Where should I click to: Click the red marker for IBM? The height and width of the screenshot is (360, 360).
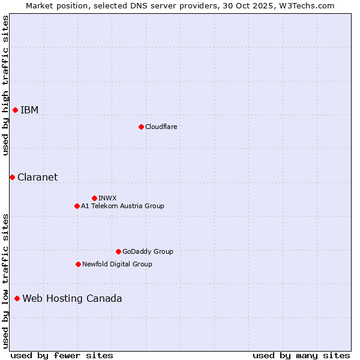(x=15, y=110)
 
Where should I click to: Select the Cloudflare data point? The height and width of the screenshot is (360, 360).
(x=141, y=127)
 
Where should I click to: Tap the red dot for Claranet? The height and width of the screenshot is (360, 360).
(x=12, y=177)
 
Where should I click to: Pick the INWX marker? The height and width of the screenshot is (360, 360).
(x=94, y=198)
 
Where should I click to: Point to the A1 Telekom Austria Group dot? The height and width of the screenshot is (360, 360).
(x=77, y=206)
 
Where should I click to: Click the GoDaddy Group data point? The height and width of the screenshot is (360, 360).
(x=118, y=251)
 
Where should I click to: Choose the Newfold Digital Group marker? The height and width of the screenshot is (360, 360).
(x=78, y=264)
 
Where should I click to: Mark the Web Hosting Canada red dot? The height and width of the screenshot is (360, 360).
(x=17, y=298)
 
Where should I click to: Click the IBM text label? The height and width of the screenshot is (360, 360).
(x=29, y=110)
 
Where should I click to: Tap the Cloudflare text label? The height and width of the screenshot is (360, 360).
(x=161, y=127)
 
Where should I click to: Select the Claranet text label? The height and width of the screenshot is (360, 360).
(x=37, y=177)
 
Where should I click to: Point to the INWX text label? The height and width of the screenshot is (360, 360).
(x=107, y=198)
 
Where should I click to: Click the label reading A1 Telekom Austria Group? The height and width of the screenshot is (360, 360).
(x=122, y=206)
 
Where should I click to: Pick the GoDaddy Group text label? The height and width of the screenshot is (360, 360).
(x=148, y=251)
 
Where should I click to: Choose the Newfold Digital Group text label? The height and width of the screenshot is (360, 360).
(x=117, y=264)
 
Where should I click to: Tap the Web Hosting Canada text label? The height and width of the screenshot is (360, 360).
(x=72, y=298)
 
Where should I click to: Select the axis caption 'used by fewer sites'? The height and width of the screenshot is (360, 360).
(x=61, y=355)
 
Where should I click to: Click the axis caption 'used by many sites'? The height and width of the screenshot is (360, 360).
(x=301, y=355)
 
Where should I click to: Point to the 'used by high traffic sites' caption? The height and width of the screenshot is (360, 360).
(x=5, y=85)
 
